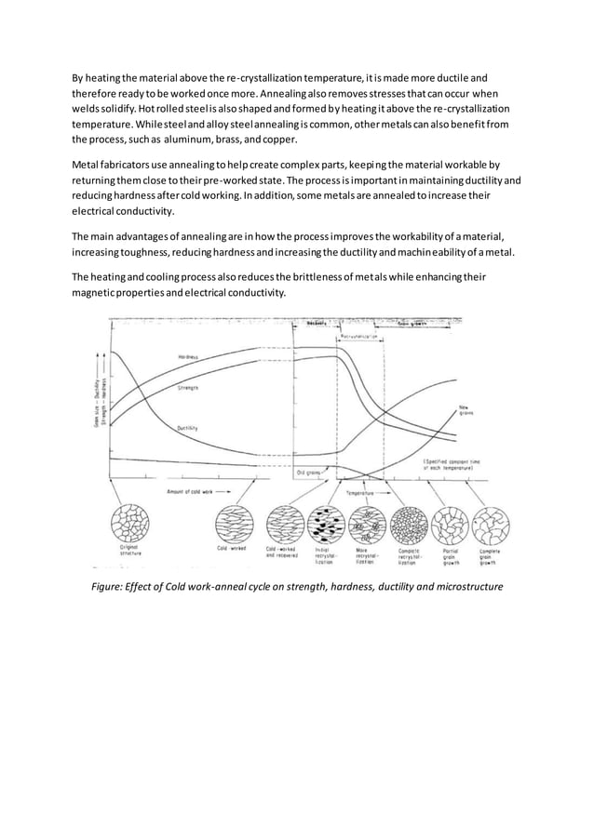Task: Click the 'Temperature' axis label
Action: pyautogui.click(x=360, y=493)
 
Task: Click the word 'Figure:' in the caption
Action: pyautogui.click(x=108, y=587)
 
